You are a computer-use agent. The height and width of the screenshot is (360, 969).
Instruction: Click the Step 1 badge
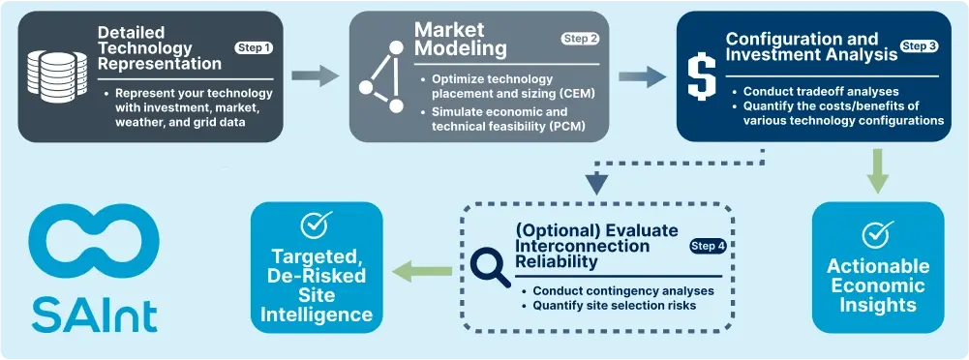255,47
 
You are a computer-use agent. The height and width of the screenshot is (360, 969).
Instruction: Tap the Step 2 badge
580,39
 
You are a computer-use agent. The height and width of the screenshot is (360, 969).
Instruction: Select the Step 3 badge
919,45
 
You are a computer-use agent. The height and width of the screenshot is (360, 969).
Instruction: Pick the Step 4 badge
709,246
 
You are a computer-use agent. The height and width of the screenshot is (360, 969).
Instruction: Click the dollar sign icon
701,75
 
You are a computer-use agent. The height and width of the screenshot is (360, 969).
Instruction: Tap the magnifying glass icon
492,264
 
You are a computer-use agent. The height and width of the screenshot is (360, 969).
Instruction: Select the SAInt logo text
93,313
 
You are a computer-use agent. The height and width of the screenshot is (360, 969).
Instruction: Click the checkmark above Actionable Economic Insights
877,234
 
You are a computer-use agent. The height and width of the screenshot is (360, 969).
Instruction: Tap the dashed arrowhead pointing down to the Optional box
597,181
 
